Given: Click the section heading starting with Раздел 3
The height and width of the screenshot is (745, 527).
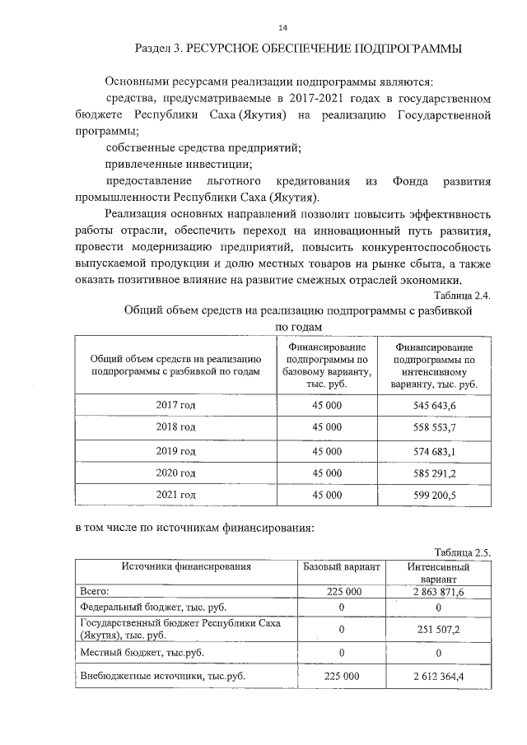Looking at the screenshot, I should (298, 49).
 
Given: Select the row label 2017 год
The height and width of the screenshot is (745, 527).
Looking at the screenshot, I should (175, 405).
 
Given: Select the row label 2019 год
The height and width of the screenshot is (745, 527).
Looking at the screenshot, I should (175, 451).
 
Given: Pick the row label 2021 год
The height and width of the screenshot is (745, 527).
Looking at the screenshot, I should (175, 496).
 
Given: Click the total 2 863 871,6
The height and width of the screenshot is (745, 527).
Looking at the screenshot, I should (438, 592).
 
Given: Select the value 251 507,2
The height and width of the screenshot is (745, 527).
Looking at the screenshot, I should (438, 629).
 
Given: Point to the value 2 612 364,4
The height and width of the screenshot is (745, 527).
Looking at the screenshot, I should (438, 676).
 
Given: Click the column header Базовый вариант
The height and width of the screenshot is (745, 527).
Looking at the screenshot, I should (341, 567).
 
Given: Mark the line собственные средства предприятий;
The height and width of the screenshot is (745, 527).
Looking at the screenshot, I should (203, 147).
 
